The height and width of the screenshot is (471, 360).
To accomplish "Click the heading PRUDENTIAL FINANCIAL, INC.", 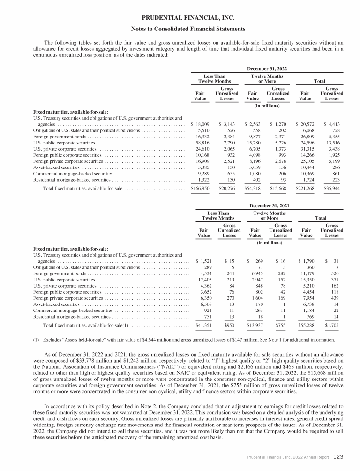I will pos(180,18).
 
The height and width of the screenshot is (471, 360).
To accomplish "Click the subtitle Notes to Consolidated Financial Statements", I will pos(180,30).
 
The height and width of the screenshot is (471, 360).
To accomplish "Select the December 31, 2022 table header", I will pos(267,68).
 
